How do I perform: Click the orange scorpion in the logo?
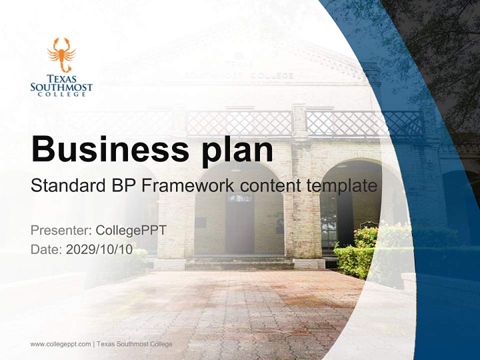point(61,54)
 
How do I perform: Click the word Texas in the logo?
point(61,78)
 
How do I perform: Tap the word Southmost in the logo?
point(61,86)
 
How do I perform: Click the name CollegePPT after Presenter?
point(131,230)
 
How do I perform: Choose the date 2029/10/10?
point(99,249)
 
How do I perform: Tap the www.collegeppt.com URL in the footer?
point(60,344)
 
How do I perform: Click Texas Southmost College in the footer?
point(134,344)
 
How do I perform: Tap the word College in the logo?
point(61,94)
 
